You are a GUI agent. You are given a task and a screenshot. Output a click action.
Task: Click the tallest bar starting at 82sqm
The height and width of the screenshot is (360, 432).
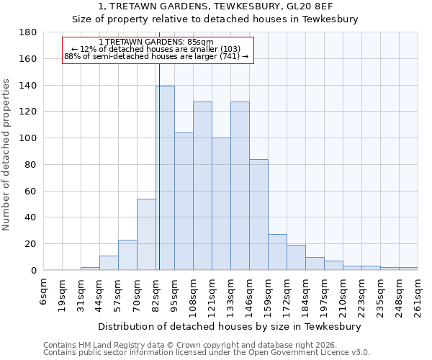pyautogui.click(x=165, y=178)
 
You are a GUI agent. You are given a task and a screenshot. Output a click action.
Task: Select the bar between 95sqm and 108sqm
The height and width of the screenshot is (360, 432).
pyautogui.click(x=184, y=202)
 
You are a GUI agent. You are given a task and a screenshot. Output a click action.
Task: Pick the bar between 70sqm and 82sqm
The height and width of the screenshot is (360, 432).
pyautogui.click(x=146, y=234)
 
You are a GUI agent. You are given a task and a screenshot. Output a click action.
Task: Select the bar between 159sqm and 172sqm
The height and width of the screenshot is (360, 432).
pyautogui.click(x=277, y=252)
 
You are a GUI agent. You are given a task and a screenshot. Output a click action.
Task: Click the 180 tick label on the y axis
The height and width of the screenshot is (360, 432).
pyautogui.click(x=29, y=32)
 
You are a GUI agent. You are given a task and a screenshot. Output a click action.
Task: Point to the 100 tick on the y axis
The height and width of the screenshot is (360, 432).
pyautogui.click(x=29, y=138)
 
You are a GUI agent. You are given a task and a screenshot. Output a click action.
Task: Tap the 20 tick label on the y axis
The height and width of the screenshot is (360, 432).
pyautogui.click(x=32, y=244)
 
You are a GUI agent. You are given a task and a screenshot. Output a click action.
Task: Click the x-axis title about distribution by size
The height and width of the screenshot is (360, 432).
pyautogui.click(x=230, y=326)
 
